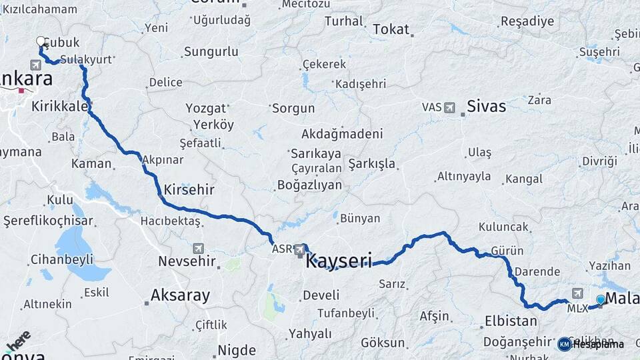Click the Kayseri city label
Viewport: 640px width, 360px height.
coord(338,261)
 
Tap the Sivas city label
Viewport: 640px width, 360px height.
coord(486,106)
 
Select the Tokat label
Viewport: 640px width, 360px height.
coord(391,29)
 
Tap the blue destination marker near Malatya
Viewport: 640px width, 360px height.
coord(601,300)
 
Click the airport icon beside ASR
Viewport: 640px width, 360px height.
coord(300,251)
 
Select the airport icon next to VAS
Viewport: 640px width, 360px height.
coord(449,107)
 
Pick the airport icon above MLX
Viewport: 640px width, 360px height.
coord(577,293)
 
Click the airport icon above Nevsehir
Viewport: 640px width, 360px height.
coord(198,247)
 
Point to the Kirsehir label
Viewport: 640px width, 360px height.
coord(189,189)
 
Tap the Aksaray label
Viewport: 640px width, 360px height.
coord(180,295)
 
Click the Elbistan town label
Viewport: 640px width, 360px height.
coord(511,321)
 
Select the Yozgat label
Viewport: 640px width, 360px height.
coord(206,109)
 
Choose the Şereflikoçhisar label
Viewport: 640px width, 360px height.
coord(48,221)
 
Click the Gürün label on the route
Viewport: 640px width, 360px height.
coord(507,251)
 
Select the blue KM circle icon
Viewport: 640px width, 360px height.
coord(565,344)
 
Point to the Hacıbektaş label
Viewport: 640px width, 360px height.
coord(171,221)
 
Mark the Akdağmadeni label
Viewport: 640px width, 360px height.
coord(342,133)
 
